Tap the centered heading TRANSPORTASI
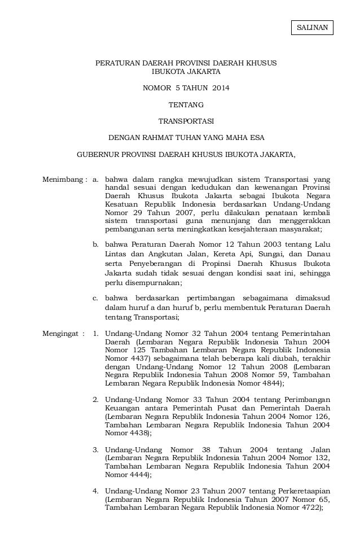(x=186, y=120)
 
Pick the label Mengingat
(x=62, y=333)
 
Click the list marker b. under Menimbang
(x=96, y=244)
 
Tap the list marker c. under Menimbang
(x=96, y=298)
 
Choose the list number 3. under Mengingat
(x=96, y=449)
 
